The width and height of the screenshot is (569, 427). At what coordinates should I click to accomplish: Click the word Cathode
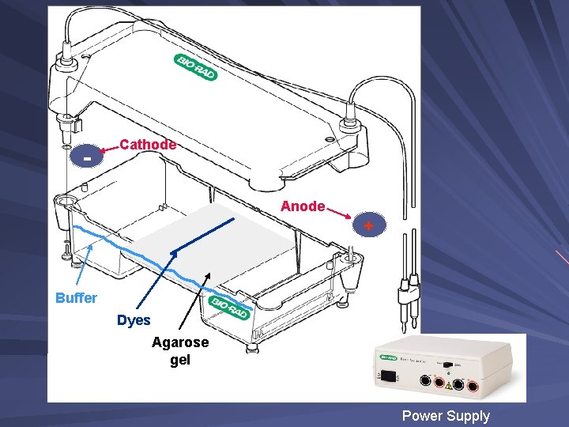click(x=147, y=145)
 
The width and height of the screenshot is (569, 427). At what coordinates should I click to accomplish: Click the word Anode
click(x=303, y=206)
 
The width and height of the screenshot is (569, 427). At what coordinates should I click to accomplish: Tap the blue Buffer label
click(x=76, y=298)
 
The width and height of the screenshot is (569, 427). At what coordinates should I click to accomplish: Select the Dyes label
click(x=134, y=320)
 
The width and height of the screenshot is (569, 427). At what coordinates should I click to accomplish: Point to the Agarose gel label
click(x=180, y=351)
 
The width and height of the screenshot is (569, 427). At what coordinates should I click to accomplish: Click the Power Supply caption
click(x=446, y=416)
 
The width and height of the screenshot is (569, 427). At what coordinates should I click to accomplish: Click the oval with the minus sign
click(x=87, y=158)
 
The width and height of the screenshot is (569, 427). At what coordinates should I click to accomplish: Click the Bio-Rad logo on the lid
click(x=195, y=67)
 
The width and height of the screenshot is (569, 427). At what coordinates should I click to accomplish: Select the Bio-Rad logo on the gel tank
click(x=228, y=306)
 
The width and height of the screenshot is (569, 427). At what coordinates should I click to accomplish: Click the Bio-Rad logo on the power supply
click(x=389, y=357)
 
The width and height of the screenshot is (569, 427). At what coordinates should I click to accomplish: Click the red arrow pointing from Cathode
click(x=110, y=148)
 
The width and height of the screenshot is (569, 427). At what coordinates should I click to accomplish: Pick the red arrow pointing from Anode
click(x=341, y=213)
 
